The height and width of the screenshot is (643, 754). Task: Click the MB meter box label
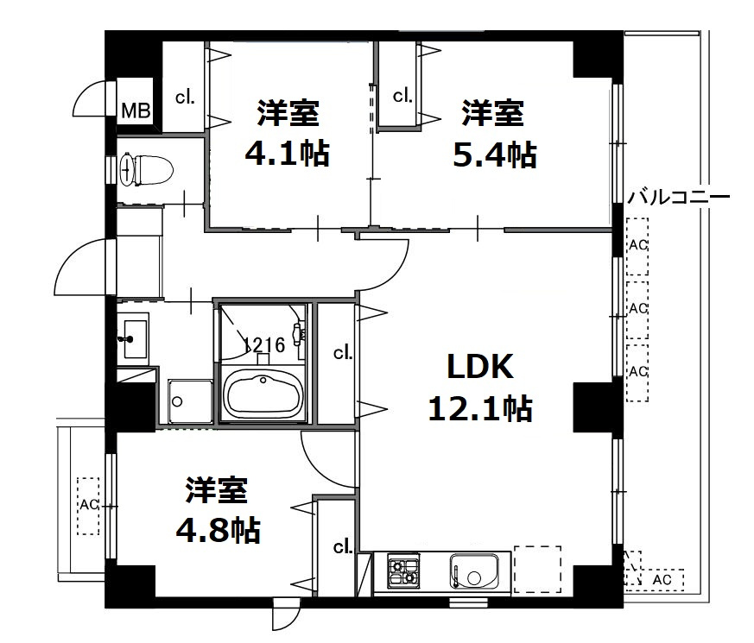click(136, 111)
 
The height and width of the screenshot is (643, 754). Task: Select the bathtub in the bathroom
click(263, 394)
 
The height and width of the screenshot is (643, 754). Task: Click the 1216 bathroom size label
click(264, 344)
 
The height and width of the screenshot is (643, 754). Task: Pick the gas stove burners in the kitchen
click(404, 571)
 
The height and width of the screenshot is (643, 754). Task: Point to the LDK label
click(480, 367)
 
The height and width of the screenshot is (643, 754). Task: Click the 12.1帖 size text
click(480, 409)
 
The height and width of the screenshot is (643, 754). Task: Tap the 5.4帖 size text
click(494, 155)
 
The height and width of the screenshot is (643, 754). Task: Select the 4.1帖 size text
click(288, 154)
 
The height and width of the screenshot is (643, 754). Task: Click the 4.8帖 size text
click(218, 530)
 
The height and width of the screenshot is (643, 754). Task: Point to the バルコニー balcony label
click(679, 197)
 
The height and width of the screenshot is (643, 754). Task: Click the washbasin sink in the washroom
click(135, 338)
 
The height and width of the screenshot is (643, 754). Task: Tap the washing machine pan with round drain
click(190, 401)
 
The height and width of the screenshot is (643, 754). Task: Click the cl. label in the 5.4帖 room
click(402, 97)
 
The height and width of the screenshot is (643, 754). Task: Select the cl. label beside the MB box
click(185, 98)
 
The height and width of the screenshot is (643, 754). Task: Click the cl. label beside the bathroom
click(343, 353)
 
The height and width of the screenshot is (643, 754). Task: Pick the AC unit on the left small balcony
click(88, 506)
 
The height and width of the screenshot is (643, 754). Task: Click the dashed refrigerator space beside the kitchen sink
click(537, 570)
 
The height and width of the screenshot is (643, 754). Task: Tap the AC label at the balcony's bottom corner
click(662, 580)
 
